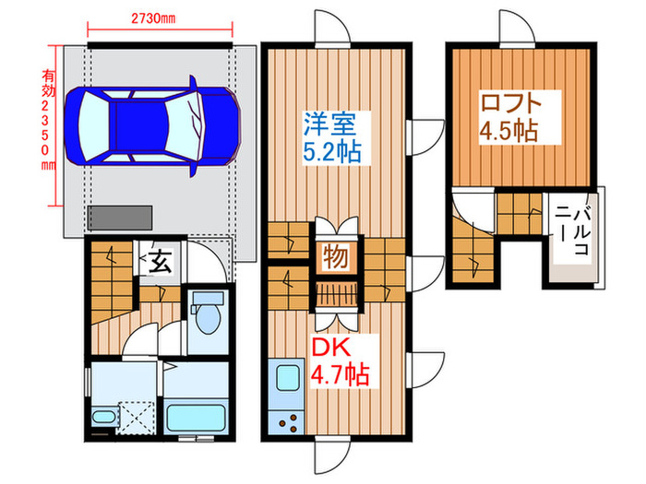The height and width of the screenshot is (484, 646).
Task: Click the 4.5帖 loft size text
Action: point(508,131)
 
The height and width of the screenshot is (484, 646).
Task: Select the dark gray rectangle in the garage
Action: point(120,217)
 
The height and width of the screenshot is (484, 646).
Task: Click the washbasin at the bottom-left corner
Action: point(104,420)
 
